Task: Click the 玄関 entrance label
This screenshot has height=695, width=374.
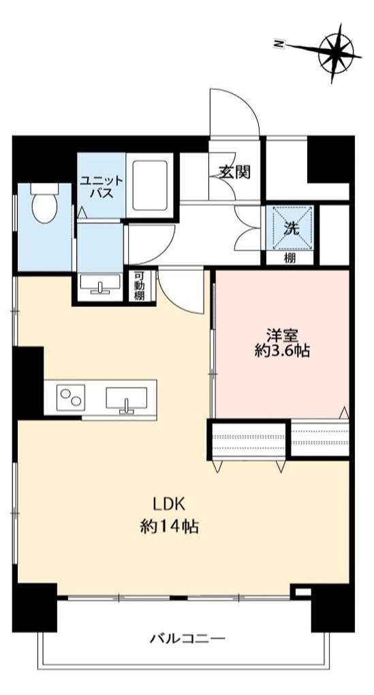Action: coord(234,172)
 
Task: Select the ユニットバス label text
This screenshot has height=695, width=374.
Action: coord(101,187)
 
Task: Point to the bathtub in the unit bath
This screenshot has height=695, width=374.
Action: coord(152,185)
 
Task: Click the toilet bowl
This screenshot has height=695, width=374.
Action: coord(45,205)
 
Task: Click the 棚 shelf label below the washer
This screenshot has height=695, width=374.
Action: coord(290,258)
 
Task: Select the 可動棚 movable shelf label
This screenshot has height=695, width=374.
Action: coord(139,285)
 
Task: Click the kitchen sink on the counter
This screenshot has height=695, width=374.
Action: coord(127,398)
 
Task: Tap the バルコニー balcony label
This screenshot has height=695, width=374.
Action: coord(187,640)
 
